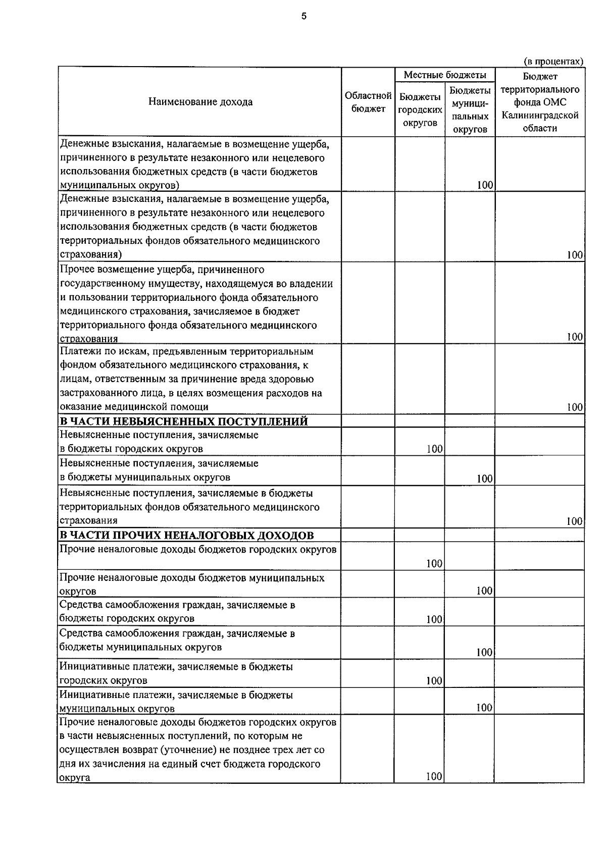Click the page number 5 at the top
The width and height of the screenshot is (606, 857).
pos(304,16)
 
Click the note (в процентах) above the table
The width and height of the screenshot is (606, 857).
pos(553,61)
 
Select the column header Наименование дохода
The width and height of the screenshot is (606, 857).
pos(200,102)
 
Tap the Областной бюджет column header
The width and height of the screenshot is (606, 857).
pos(368,102)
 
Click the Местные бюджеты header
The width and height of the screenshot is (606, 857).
pos(444,75)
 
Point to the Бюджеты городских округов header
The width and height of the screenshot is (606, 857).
pos(420,110)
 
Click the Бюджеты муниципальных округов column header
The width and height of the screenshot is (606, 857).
pos(470,110)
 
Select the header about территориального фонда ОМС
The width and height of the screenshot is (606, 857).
pos(539,102)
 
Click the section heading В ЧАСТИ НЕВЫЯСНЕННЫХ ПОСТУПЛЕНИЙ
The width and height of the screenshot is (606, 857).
pos(184,421)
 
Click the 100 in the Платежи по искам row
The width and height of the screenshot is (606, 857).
pos(575,407)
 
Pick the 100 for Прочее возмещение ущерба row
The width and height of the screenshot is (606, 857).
pos(575,337)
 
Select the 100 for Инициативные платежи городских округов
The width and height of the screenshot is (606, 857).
pos(434,681)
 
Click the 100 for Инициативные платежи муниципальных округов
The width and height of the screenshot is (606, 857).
pos(484,708)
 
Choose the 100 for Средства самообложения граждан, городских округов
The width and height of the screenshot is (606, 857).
pos(434,619)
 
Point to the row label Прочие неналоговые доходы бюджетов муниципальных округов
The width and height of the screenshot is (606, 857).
pos(192,584)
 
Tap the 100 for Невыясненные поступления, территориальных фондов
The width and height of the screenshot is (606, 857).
pos(575,521)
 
